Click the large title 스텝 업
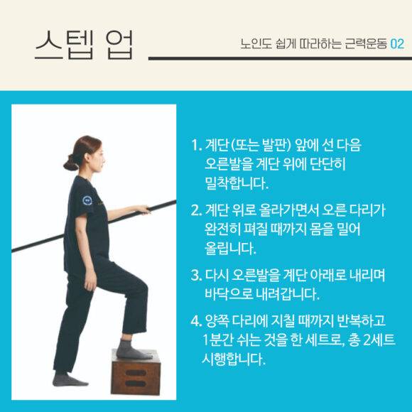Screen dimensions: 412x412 pos(85,45)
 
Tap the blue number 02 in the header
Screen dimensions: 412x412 pos(397,44)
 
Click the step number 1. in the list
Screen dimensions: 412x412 pos(196,145)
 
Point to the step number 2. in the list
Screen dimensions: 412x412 pos(196,210)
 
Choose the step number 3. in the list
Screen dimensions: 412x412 pos(196,276)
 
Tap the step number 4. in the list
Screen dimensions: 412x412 pos(196,321)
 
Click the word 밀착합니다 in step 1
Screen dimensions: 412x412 pos(236,183)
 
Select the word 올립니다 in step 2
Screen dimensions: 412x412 pos(229,249)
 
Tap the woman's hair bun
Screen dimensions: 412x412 pos(70,163)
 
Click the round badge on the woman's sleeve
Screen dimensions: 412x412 pos(87,200)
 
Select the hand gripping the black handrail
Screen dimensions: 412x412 pos(143,210)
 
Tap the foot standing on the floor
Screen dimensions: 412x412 pos(69,380)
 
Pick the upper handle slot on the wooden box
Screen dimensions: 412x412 pos(136,373)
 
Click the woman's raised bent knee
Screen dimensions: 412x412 pos(141,286)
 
